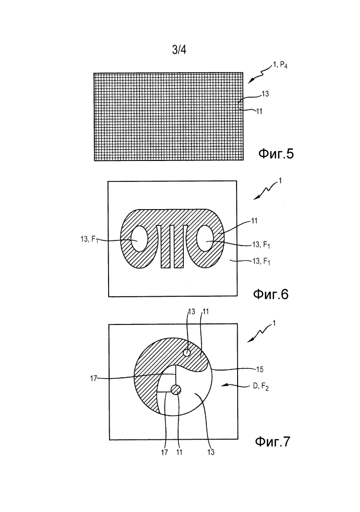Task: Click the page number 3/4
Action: (x=179, y=50)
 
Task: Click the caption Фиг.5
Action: (x=276, y=153)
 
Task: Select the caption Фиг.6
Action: (x=270, y=295)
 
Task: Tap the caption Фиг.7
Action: (x=272, y=442)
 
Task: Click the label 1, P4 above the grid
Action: (x=280, y=66)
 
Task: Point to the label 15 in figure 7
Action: (x=260, y=370)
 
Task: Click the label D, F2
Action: (x=261, y=387)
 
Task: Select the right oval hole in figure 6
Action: (x=205, y=242)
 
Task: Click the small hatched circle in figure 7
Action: (x=176, y=389)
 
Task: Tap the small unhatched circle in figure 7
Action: (x=187, y=353)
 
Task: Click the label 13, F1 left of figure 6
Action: (x=89, y=239)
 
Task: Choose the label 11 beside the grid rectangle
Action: (x=259, y=111)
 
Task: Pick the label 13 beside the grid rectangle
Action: (x=265, y=94)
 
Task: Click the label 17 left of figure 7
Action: (x=94, y=379)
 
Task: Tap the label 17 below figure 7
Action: (x=164, y=452)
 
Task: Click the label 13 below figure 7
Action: (x=211, y=452)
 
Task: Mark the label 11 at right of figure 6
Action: (x=254, y=221)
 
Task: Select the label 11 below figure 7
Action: (x=179, y=452)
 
